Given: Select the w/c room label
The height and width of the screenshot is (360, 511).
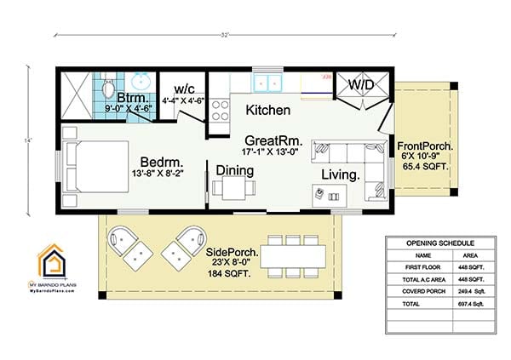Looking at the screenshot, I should coord(185,89).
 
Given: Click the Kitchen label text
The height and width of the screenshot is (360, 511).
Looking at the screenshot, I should coord(267,111).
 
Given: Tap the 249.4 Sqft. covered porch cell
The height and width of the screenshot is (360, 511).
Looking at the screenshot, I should coord(471,289).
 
